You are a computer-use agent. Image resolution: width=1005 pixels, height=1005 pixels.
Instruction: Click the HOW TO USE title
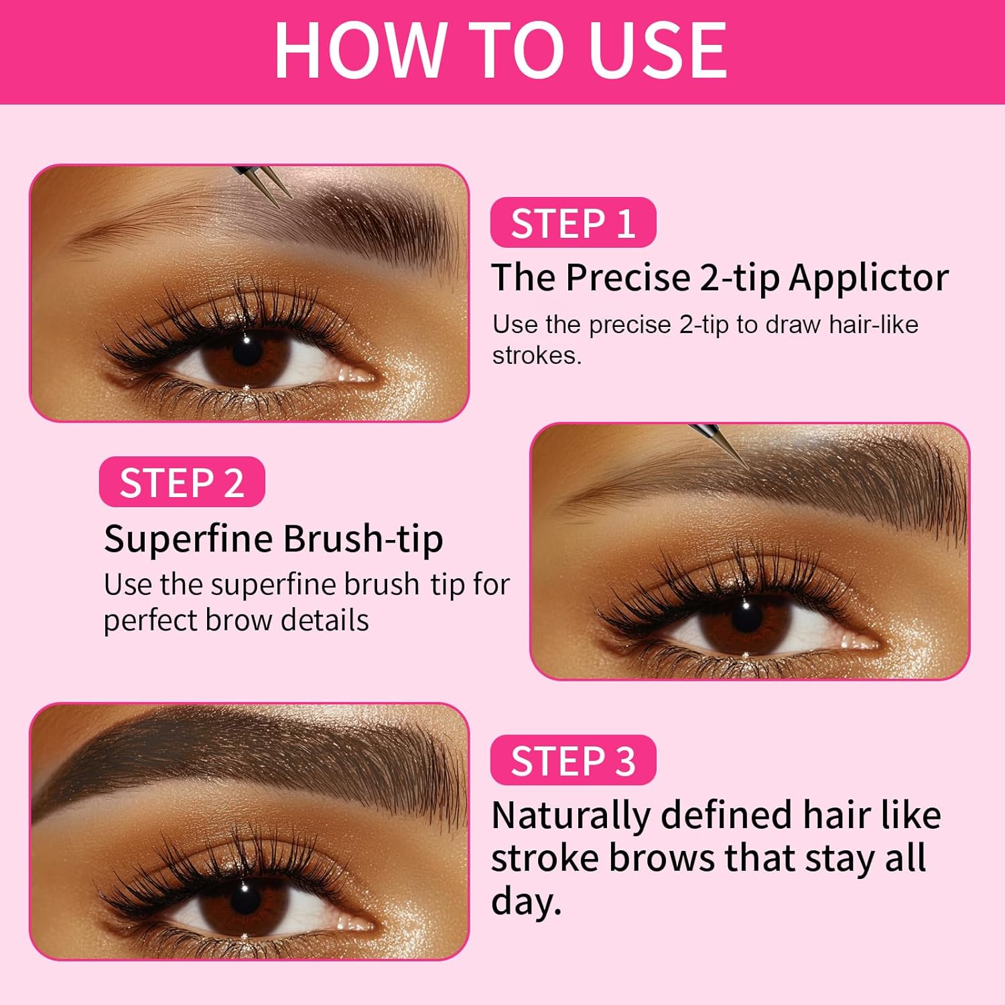pos(500,50)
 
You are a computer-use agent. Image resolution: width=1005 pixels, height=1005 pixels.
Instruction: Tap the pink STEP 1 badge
pos(573,222)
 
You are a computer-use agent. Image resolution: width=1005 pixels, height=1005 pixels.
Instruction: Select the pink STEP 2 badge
pos(182,482)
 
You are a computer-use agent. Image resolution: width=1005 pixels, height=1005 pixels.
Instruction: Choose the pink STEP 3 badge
pos(573,760)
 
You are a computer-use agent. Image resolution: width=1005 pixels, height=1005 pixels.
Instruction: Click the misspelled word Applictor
pos(868,278)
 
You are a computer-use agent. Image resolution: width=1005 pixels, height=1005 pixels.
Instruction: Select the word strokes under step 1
pos(537,355)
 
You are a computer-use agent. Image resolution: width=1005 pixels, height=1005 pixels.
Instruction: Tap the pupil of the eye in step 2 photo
pos(746,611)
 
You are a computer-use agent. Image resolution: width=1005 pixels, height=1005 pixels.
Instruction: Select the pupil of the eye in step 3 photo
pos(244,892)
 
